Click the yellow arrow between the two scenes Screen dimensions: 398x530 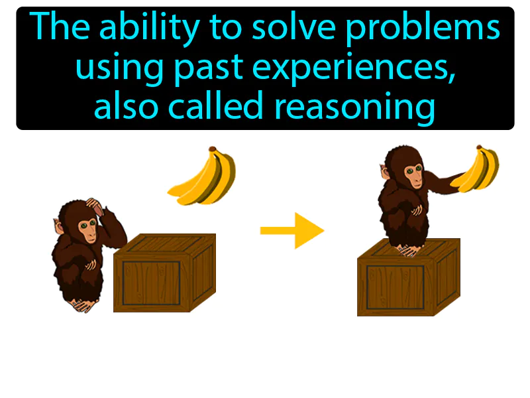[291, 230]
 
